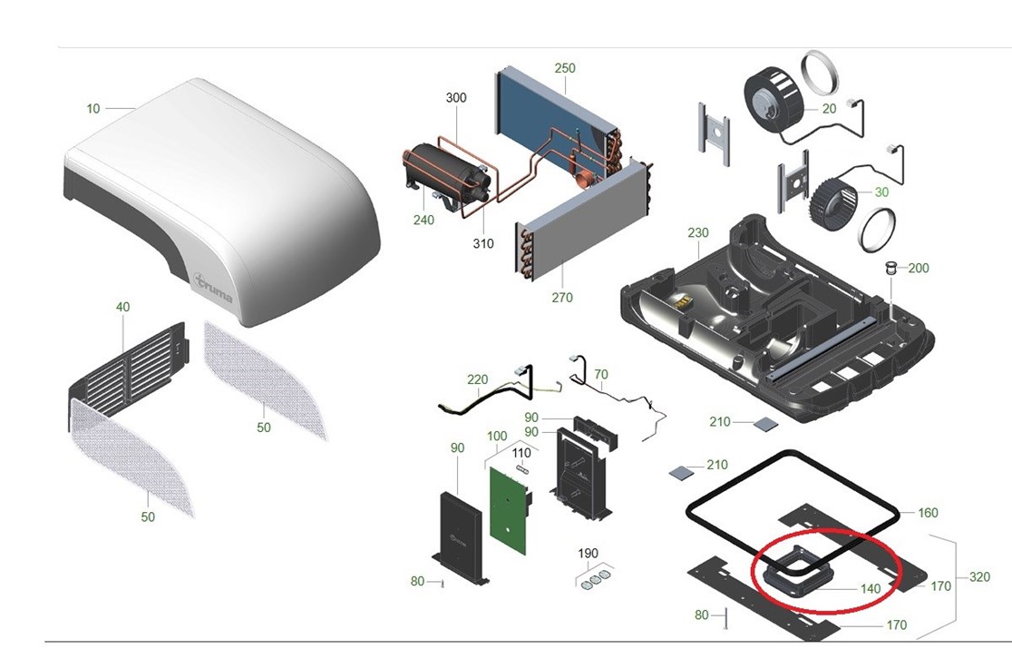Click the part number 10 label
coord(93,109)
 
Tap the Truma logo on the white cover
coord(214,289)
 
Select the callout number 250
coord(565,68)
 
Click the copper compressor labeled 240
coord(445,173)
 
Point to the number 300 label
coord(456,97)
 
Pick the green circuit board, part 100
coord(509,509)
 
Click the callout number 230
coord(698,232)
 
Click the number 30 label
coord(881,192)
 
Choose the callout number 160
coord(928,513)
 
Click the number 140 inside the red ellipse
coord(871,588)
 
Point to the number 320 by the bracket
coord(979,577)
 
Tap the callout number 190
coord(588,554)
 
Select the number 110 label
coord(521,454)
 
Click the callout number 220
coord(478,380)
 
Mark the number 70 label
coord(601,374)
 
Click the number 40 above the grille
coord(122,307)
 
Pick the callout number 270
coord(562,298)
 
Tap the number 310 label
coord(482,243)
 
